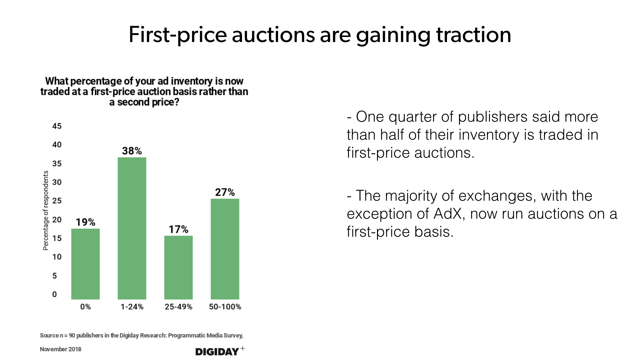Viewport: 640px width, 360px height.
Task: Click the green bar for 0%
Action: pos(85,264)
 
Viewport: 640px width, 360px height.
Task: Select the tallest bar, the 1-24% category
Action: pos(132,228)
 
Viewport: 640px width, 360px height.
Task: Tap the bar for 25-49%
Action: pos(178,267)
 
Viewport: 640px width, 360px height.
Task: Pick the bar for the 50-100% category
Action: pos(225,249)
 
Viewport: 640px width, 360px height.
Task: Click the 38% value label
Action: pos(132,151)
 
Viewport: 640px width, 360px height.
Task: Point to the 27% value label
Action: pos(225,192)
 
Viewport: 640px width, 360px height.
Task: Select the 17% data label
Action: pos(178,229)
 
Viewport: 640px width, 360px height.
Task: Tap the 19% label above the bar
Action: pos(85,222)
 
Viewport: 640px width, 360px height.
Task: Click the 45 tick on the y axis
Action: pos(57,126)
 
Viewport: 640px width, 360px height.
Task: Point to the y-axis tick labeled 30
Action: pos(57,182)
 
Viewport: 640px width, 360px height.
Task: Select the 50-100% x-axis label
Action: pos(225,307)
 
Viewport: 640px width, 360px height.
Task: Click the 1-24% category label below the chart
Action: pos(132,307)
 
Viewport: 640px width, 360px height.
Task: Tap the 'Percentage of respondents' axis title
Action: pos(46,210)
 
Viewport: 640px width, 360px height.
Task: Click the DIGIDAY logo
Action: pos(217,351)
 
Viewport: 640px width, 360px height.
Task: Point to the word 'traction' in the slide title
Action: pos(473,35)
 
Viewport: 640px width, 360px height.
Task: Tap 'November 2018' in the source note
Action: pos(61,349)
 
